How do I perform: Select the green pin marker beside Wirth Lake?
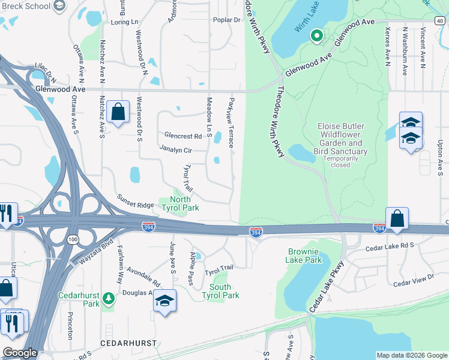pyautogui.click(x=317, y=37)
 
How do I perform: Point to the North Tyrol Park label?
pyautogui.click(x=180, y=203)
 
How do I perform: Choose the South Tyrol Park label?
pyautogui.click(x=220, y=291)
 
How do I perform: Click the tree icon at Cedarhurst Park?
pyautogui.click(x=108, y=298)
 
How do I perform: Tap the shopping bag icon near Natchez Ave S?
pyautogui.click(x=118, y=112)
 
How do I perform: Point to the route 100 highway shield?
pyautogui.click(x=73, y=239)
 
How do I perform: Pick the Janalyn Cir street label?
pyautogui.click(x=175, y=149)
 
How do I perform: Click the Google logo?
pyautogui.click(x=20, y=353)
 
